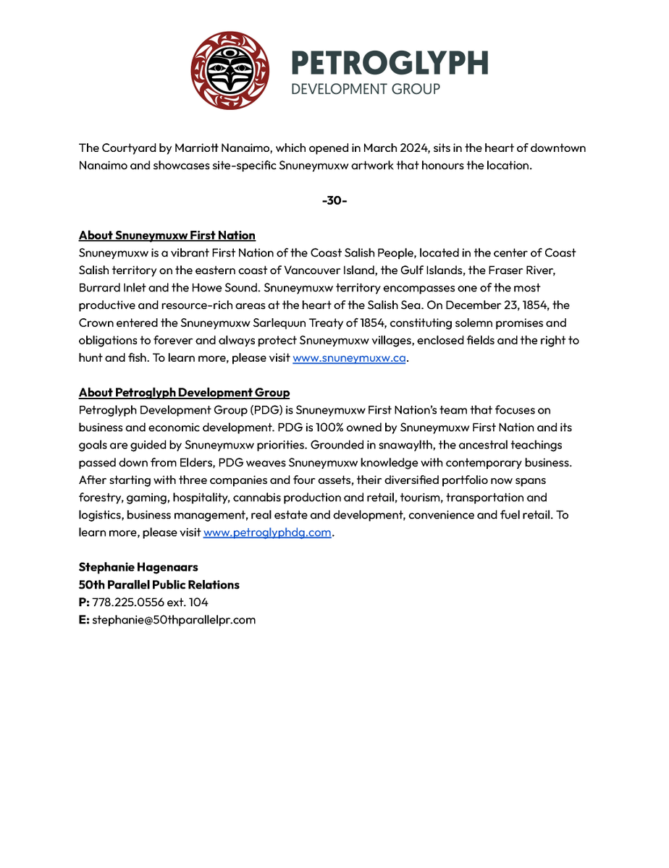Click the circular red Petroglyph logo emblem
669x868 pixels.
(x=230, y=70)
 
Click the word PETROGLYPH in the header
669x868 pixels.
(x=389, y=64)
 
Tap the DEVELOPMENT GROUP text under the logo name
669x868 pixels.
(x=365, y=89)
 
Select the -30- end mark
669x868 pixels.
(x=334, y=200)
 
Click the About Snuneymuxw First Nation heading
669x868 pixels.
(x=167, y=236)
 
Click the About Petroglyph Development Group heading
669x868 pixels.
(x=184, y=393)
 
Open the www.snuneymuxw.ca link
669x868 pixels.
(x=349, y=358)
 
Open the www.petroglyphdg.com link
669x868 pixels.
(x=267, y=532)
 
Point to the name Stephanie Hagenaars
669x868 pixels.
(x=137, y=567)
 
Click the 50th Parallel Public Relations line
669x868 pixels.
(x=159, y=584)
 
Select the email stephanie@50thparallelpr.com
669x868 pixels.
(x=174, y=620)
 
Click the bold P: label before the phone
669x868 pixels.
(x=83, y=602)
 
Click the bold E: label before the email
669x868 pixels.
(x=83, y=620)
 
